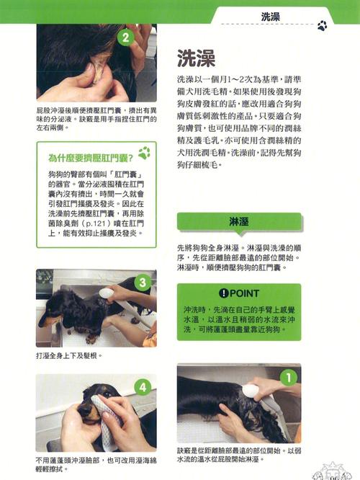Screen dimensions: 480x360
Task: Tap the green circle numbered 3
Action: pyautogui.click(x=143, y=283)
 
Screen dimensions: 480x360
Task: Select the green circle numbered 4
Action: pyautogui.click(x=143, y=387)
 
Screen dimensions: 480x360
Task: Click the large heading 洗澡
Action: pyautogui.click(x=198, y=58)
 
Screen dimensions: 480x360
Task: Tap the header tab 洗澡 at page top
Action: pyautogui.click(x=270, y=16)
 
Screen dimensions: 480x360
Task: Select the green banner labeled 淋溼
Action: pyautogui.click(x=239, y=221)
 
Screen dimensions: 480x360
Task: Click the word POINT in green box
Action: pyautogui.click(x=244, y=293)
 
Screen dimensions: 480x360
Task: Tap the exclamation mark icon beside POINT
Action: pyautogui.click(x=222, y=293)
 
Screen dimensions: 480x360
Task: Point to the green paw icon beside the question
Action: pyautogui.click(x=145, y=153)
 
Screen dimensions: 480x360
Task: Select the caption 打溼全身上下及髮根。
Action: pyautogui.click(x=68, y=356)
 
